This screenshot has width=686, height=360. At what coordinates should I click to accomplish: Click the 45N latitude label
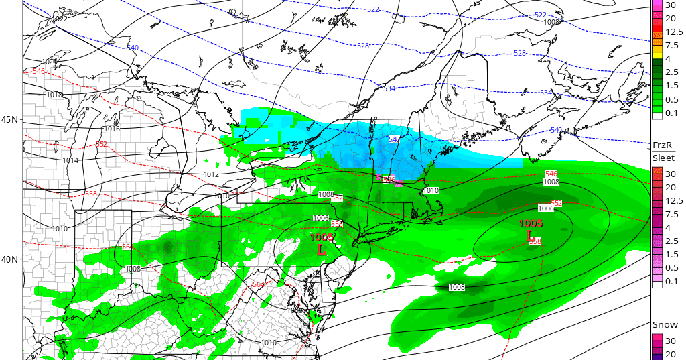[10, 119]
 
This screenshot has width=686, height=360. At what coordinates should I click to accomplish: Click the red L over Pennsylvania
[322, 250]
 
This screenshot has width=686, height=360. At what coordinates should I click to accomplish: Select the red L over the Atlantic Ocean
[531, 236]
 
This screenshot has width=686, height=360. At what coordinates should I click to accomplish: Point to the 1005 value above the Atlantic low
[531, 223]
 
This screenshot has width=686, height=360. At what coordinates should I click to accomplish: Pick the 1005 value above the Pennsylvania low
[322, 237]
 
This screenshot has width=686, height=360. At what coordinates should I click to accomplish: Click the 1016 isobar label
[112, 129]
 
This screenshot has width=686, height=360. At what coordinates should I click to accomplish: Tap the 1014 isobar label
[70, 160]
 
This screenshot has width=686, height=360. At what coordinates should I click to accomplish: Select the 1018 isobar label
[54, 95]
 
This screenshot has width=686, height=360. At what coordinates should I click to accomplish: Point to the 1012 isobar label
[212, 174]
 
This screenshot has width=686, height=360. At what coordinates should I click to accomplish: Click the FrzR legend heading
[663, 145]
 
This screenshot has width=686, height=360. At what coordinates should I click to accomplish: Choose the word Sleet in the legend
[663, 158]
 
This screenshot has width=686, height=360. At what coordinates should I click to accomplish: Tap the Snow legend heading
[665, 325]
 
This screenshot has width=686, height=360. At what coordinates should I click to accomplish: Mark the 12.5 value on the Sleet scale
[673, 200]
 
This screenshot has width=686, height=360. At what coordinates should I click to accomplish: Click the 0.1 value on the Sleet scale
[673, 281]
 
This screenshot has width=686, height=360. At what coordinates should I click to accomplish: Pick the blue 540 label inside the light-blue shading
[394, 139]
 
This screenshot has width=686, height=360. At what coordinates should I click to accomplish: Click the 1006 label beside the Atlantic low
[546, 208]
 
